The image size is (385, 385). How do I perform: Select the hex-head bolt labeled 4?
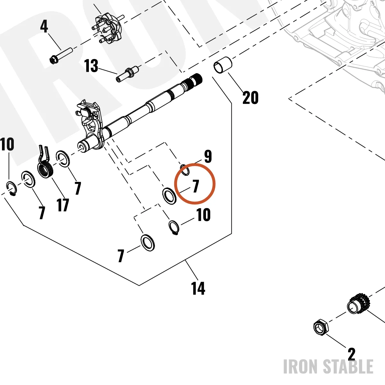[61, 55]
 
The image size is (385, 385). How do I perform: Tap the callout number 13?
[91, 66]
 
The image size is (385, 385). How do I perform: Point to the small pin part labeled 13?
[128, 74]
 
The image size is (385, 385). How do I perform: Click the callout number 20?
[250, 98]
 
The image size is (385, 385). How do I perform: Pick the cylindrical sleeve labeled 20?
[223, 65]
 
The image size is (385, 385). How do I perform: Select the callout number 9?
[208, 157]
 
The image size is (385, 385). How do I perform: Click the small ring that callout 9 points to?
[185, 170]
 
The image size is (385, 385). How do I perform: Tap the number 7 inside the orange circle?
[196, 186]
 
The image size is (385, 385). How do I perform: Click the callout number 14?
[198, 288]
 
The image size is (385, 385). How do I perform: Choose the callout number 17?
[63, 205]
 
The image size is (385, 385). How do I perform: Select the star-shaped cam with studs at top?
[108, 29]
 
